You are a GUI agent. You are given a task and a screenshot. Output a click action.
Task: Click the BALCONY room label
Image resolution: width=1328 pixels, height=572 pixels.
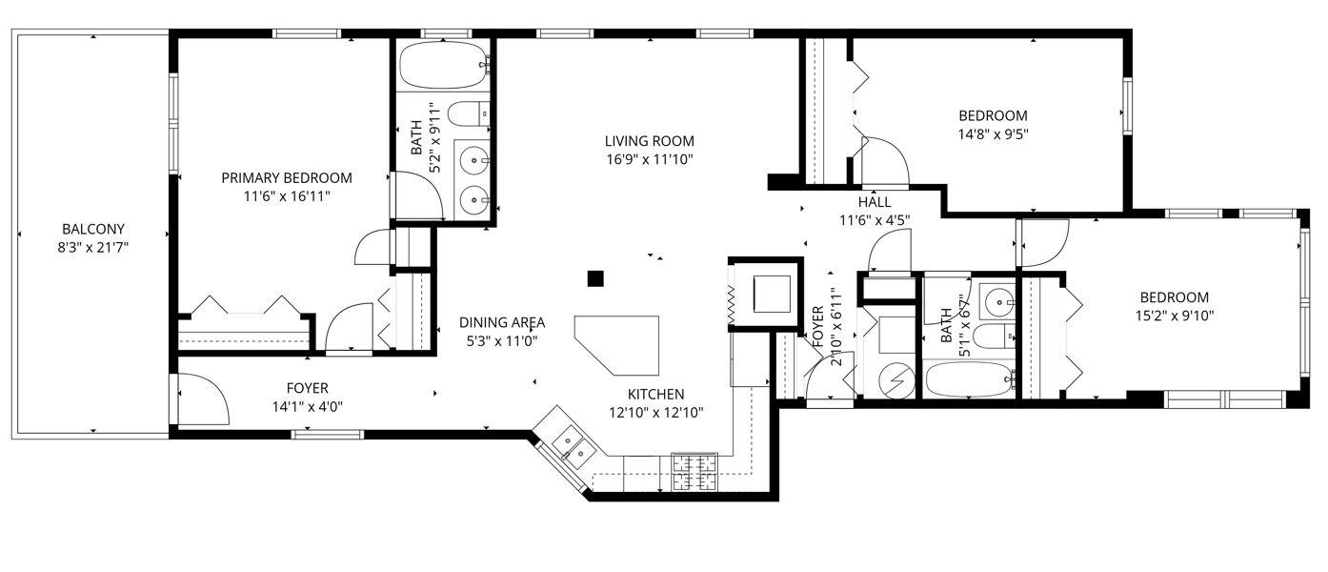tap(93, 229)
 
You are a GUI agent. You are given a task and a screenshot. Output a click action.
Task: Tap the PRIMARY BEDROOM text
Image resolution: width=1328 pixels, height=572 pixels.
tap(287, 177)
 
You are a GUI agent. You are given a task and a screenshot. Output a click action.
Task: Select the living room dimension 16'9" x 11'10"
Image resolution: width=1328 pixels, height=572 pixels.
tap(649, 158)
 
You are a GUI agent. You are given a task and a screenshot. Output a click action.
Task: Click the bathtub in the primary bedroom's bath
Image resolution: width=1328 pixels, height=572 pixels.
tap(442, 66)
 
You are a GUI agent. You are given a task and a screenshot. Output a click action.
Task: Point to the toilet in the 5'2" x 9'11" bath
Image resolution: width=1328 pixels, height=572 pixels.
tap(467, 114)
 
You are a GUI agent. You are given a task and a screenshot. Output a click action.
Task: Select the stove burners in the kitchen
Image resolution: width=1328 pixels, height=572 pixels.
tap(694, 471)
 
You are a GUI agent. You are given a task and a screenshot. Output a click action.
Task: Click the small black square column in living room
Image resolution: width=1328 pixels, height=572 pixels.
tap(595, 278)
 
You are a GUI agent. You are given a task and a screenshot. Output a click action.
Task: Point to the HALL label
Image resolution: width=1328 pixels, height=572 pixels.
tap(874, 202)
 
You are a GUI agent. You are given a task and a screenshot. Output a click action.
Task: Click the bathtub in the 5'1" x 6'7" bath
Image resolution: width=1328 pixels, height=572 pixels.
tap(969, 380)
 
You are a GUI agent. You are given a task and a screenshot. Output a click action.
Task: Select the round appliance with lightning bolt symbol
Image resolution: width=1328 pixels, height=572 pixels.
tap(895, 379)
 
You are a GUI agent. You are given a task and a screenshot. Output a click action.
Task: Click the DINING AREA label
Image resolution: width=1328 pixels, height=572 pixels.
tap(502, 322)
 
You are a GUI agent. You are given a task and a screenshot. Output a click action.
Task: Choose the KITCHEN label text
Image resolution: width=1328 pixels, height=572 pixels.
tap(655, 394)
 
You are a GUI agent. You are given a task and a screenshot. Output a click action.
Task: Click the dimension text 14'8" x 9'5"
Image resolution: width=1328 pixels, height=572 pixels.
tap(994, 133)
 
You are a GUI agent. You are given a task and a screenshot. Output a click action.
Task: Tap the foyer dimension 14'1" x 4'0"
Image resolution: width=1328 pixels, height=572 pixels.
tap(307, 405)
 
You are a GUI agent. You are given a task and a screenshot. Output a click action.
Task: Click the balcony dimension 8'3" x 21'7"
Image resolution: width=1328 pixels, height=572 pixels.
tap(93, 247)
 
